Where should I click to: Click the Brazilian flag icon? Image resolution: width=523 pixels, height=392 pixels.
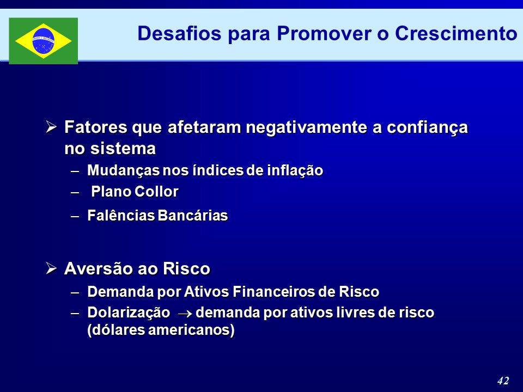click(x=44, y=41)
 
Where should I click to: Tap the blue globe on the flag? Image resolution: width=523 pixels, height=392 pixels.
click(x=44, y=41)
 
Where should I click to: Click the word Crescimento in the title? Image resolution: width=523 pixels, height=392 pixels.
click(x=456, y=33)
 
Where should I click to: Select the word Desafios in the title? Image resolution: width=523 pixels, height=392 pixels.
click(x=179, y=33)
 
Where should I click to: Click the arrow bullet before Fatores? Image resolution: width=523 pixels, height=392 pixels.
click(x=51, y=127)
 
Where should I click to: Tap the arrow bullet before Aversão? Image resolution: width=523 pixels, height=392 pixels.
click(x=51, y=268)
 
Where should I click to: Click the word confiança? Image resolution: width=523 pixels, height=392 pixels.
click(x=427, y=128)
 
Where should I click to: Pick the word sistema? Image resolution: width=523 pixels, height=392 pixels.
click(x=123, y=148)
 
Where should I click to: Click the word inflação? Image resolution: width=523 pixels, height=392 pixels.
click(x=295, y=170)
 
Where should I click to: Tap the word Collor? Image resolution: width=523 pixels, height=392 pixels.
click(x=156, y=192)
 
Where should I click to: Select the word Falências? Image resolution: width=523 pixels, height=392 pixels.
click(x=121, y=216)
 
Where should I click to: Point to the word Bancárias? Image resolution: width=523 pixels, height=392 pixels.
click(x=193, y=216)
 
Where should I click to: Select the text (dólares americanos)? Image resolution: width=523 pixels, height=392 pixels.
click(x=161, y=330)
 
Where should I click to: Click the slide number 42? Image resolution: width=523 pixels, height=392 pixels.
click(x=503, y=381)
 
